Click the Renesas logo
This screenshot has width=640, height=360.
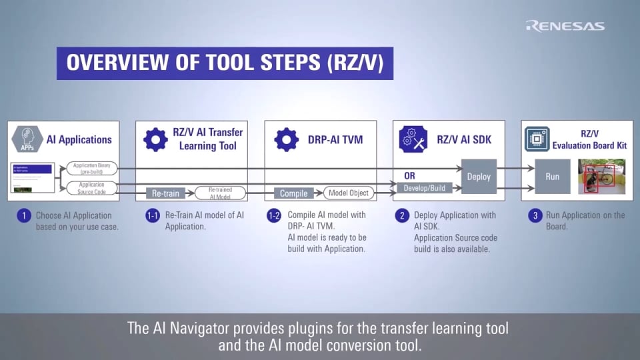click(x=565, y=26)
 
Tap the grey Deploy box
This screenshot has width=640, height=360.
click(x=479, y=177)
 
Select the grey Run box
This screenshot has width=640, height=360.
click(x=552, y=177)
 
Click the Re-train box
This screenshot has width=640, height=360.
click(x=165, y=193)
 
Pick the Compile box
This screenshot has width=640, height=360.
click(x=293, y=193)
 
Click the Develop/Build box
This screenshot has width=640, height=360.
click(x=423, y=189)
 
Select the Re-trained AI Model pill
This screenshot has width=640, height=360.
click(x=220, y=193)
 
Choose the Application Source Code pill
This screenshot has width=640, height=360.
click(x=92, y=188)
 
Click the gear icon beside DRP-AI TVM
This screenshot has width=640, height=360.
click(x=287, y=139)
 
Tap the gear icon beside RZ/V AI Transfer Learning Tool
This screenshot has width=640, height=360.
click(x=156, y=139)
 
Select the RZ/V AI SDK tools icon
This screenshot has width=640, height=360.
click(x=412, y=139)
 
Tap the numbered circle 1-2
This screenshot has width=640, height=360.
click(x=273, y=215)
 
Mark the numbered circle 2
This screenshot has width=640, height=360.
click(x=402, y=215)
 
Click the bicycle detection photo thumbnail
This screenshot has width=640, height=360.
click(x=601, y=177)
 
